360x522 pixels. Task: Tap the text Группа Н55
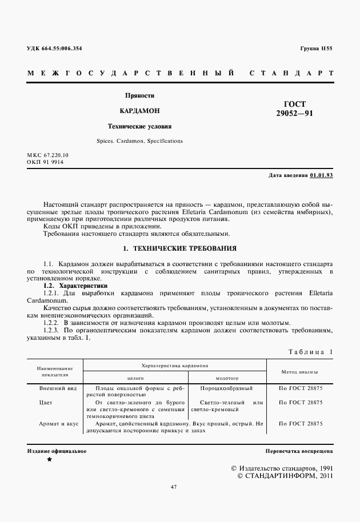pos(316,49)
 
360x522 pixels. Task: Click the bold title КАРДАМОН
pos(140,111)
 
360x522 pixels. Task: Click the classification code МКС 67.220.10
pos(47,155)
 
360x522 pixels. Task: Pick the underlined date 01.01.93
pos(321,175)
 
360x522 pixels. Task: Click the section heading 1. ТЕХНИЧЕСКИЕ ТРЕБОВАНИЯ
pos(180,250)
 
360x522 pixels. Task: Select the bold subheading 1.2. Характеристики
pos(75,285)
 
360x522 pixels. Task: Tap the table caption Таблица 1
pos(310,352)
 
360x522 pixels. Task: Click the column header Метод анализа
pos(300,371)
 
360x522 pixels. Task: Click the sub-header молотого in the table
pos(227,378)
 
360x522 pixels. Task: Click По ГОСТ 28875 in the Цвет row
pos(300,403)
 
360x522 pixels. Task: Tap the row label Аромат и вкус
pos(58,424)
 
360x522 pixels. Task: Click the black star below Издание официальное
pos(49,459)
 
